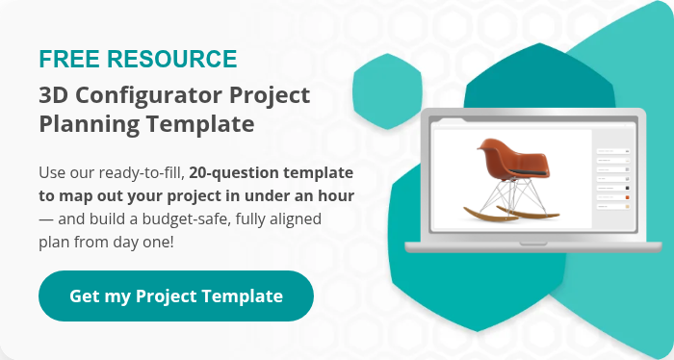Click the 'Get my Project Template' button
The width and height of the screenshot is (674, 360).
tap(176, 296)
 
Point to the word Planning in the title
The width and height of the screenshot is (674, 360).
tap(85, 124)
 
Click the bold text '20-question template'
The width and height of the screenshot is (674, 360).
tap(271, 173)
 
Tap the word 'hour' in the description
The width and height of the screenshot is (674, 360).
tap(336, 195)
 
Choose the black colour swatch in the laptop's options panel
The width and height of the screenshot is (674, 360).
tap(627, 187)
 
